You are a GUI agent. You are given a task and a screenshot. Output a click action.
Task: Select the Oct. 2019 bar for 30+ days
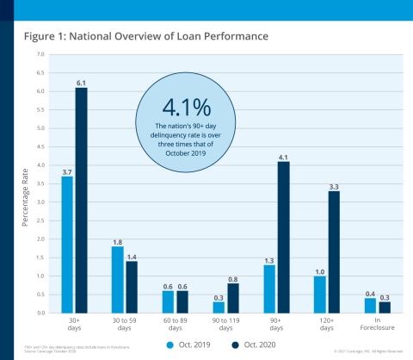click(66, 245)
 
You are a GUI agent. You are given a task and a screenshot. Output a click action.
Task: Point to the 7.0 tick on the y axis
click(40, 54)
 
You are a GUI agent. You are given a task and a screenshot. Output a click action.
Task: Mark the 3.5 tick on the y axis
click(40, 183)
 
